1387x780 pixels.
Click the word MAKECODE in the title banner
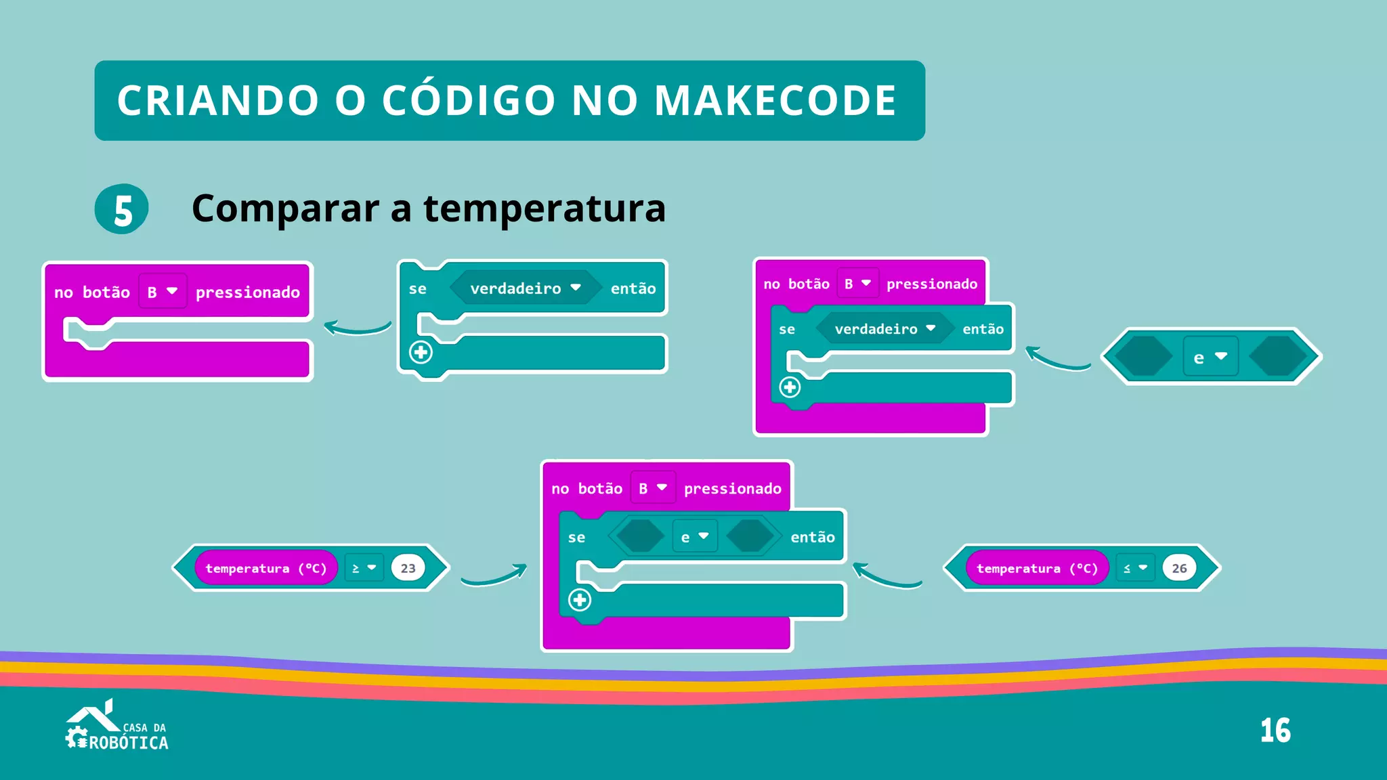tap(775, 100)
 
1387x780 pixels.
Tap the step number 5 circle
tap(122, 209)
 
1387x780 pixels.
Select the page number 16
tap(1275, 731)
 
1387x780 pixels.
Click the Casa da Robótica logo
tap(116, 727)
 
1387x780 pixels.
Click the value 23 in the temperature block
tap(408, 568)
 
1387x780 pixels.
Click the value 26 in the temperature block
tap(1179, 568)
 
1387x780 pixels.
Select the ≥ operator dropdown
tap(364, 568)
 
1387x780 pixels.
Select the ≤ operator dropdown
tap(1135, 568)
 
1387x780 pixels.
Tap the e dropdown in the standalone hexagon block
tap(1210, 357)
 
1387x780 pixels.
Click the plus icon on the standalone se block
tap(421, 352)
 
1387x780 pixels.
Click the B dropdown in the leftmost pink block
tap(162, 292)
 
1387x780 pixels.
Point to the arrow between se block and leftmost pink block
tap(357, 328)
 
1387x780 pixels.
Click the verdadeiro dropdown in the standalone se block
tap(525, 288)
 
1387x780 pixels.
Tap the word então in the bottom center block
tap(812, 537)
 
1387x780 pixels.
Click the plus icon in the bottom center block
tap(580, 600)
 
